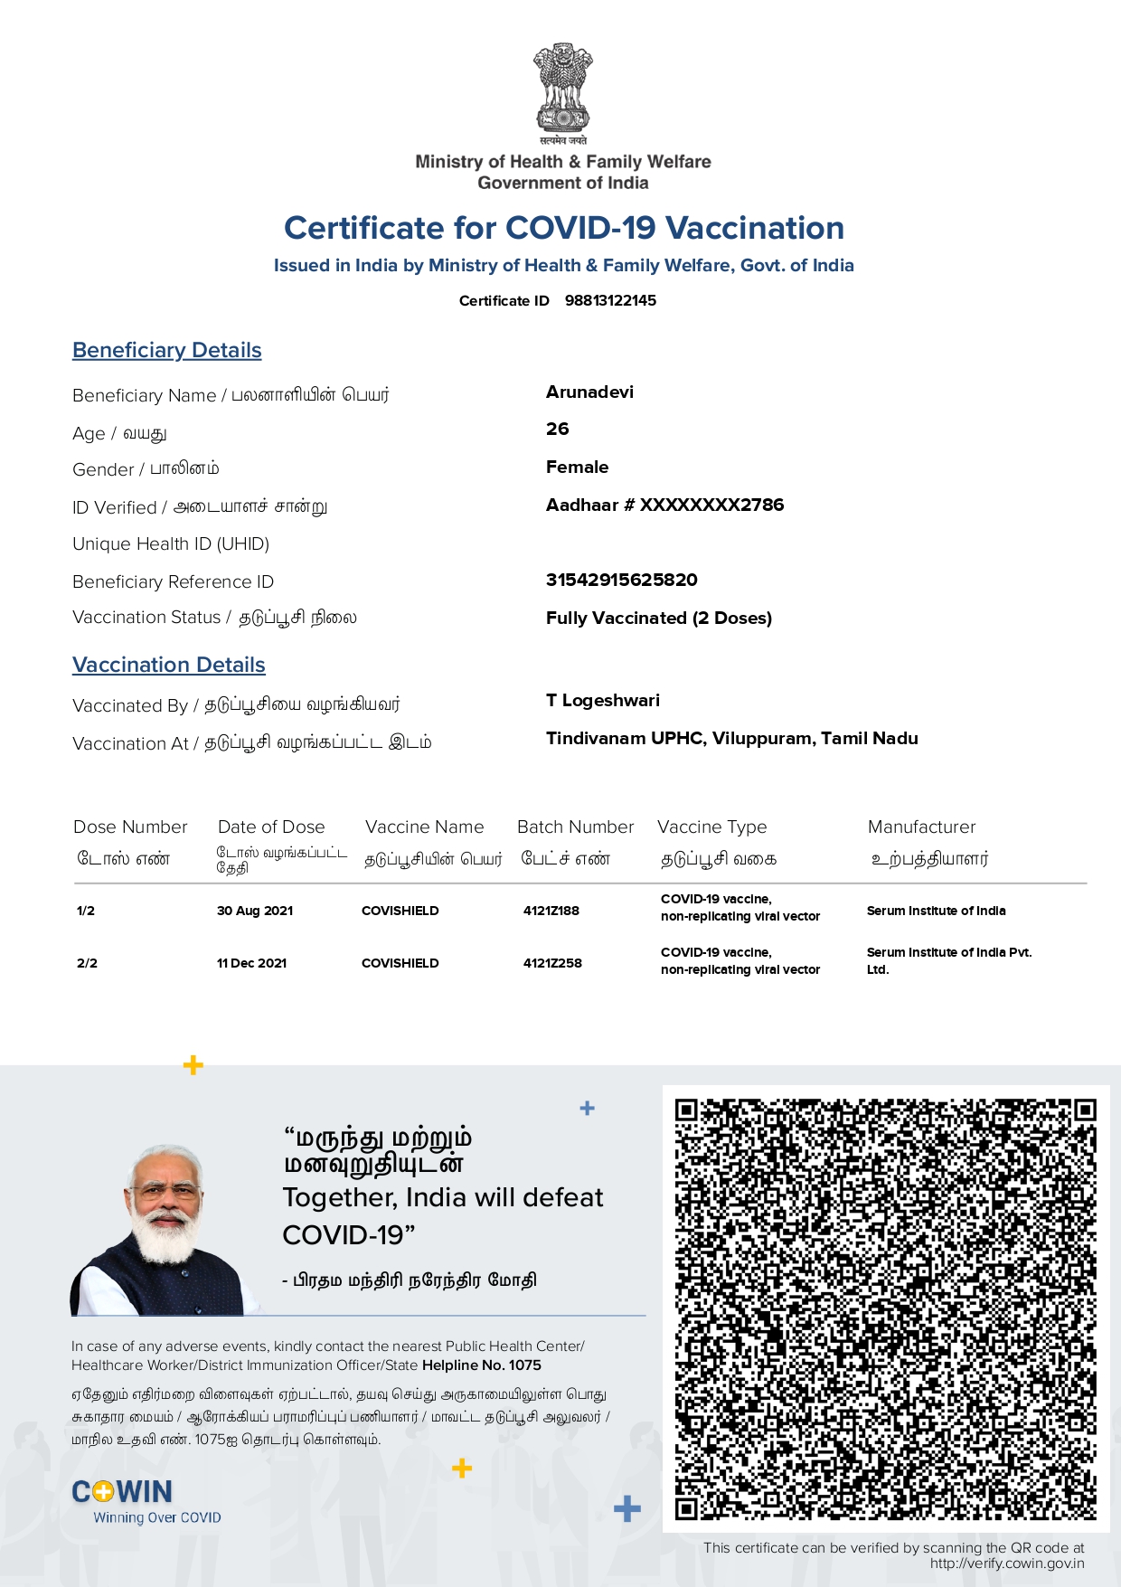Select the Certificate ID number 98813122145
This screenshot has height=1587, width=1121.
click(x=610, y=300)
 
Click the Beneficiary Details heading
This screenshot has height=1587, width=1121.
click(x=167, y=350)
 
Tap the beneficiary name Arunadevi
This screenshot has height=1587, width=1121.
click(x=589, y=392)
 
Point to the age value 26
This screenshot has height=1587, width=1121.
click(x=557, y=429)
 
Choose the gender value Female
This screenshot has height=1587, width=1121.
click(x=577, y=467)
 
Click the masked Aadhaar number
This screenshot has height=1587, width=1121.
click(x=664, y=505)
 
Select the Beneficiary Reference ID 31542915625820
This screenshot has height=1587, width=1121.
click(x=621, y=580)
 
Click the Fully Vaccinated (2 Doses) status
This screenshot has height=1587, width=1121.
click(x=658, y=618)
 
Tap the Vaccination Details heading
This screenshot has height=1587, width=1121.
click(x=169, y=665)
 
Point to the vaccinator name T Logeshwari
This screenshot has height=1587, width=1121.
click(x=602, y=700)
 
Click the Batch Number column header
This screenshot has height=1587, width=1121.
click(x=575, y=827)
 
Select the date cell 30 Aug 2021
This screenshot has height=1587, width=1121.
click(x=255, y=911)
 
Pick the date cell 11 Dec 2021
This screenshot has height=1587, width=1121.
click(x=251, y=963)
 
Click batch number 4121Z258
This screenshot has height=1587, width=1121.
click(x=552, y=963)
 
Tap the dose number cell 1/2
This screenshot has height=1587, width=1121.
click(x=86, y=911)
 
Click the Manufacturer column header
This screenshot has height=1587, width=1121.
click(x=921, y=827)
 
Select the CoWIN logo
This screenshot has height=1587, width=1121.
click(x=122, y=1491)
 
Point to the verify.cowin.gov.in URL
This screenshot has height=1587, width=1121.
click(x=1006, y=1563)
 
